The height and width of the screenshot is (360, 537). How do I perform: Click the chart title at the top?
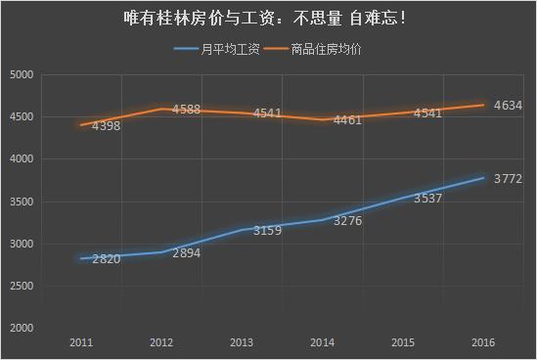268,19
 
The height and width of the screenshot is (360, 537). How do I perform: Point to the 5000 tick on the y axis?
21,74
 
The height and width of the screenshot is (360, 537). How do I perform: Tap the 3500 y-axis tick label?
21,202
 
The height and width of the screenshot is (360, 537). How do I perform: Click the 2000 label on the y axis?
21,328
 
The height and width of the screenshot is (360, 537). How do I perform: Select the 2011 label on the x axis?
82,341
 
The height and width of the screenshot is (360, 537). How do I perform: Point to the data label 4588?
187,110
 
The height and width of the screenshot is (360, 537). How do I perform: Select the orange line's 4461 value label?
347,120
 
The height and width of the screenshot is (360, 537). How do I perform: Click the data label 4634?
507,106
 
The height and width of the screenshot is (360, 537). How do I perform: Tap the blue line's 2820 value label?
107,259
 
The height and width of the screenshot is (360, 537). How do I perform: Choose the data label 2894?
187,252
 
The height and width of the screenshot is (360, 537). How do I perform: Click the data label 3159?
267,231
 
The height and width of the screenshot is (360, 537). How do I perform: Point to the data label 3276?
347,221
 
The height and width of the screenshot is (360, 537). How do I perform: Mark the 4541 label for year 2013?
267,113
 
